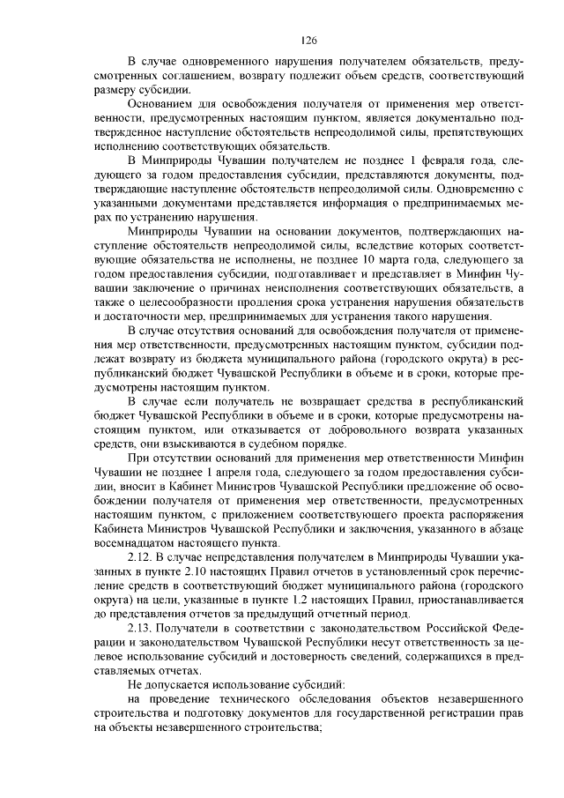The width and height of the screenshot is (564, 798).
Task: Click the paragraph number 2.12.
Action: (141, 557)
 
